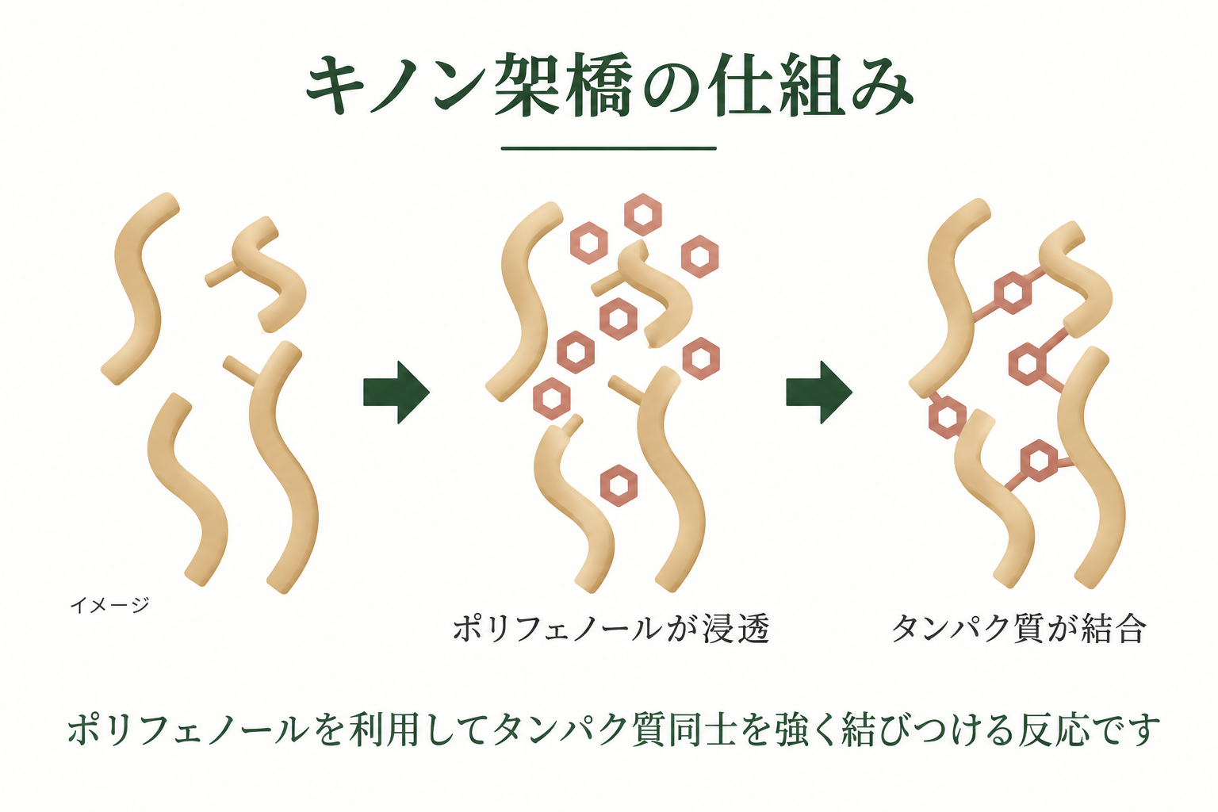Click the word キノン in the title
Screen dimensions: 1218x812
click(x=396, y=86)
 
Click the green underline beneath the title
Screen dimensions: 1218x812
click(x=608, y=148)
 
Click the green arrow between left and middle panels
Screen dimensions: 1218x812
click(x=396, y=393)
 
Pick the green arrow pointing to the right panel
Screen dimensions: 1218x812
click(x=819, y=393)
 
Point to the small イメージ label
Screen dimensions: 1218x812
click(x=109, y=605)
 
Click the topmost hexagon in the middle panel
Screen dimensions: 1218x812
click(x=643, y=214)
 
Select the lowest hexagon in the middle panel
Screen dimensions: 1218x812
click(x=619, y=485)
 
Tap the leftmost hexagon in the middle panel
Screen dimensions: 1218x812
click(x=552, y=398)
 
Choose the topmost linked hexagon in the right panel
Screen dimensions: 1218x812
click(x=1013, y=293)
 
